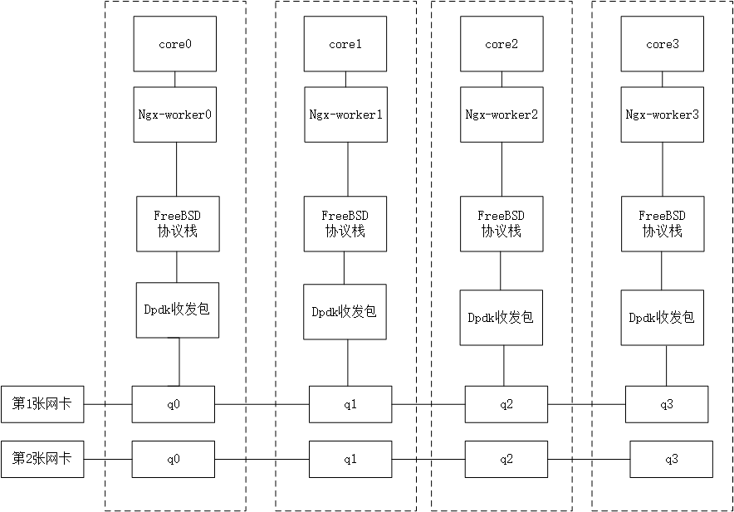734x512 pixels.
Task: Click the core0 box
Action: [x=175, y=45]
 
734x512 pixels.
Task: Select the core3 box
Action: [x=662, y=45]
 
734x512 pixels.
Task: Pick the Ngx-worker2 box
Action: [x=501, y=114]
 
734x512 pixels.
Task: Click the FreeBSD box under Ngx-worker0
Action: [x=178, y=223]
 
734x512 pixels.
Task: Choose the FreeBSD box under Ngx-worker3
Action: [x=662, y=223]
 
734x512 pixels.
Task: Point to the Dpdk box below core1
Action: [x=345, y=312]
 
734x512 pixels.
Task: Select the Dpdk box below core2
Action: [x=501, y=317]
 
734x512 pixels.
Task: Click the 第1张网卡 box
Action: [x=42, y=404]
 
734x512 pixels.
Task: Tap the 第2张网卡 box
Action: [x=42, y=459]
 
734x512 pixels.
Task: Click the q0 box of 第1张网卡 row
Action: [x=174, y=404]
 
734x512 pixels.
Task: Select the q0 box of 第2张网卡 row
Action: [x=174, y=459]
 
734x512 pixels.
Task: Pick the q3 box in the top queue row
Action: [x=667, y=404]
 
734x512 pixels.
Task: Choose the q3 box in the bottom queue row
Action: [x=671, y=459]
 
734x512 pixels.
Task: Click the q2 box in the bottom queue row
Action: [x=506, y=459]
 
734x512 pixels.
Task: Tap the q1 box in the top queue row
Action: [x=350, y=404]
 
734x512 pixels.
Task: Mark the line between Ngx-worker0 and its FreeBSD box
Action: [x=176, y=168]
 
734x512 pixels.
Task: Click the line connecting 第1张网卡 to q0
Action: [x=108, y=404]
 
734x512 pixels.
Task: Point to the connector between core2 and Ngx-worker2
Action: [x=501, y=79]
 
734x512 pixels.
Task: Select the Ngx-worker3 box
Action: [x=662, y=114]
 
